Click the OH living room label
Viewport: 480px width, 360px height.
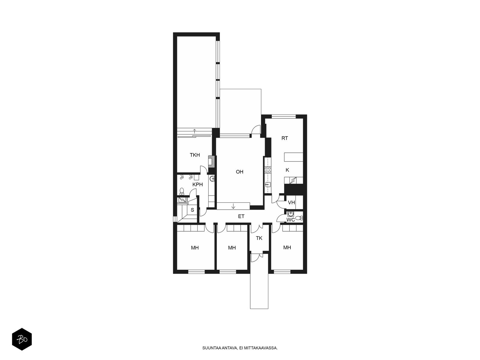(239, 172)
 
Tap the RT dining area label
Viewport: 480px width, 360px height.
(284, 138)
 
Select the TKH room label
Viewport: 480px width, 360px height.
(195, 155)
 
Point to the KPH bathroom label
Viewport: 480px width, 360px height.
(197, 184)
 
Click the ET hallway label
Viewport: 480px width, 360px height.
(241, 216)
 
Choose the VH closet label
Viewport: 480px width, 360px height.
(291, 202)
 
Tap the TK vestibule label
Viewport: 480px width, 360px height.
(259, 238)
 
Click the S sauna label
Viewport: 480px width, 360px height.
(192, 210)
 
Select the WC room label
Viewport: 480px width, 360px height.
(291, 220)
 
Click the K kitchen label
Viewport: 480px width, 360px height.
(287, 170)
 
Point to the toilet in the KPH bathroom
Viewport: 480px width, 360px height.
(181, 191)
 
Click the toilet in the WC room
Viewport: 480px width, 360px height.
(299, 218)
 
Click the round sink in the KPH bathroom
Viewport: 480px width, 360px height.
(212, 179)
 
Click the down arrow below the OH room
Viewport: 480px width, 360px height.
(233, 206)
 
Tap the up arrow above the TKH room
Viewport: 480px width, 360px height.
(194, 131)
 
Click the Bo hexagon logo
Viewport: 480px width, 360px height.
(22, 339)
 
